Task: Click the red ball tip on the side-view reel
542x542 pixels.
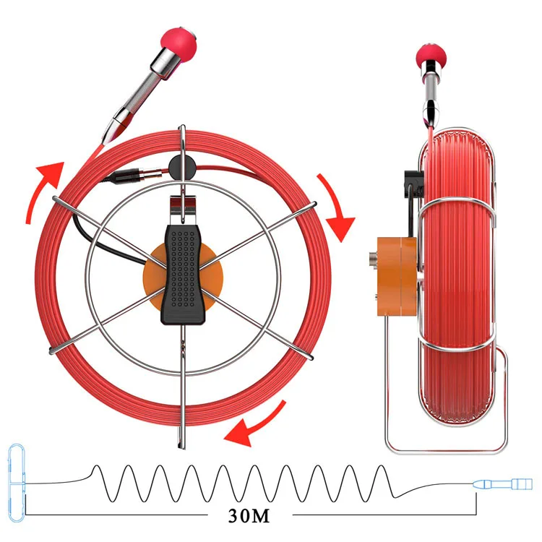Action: pyautogui.click(x=432, y=56)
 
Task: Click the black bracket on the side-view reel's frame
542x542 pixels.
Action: pyautogui.click(x=410, y=184)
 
